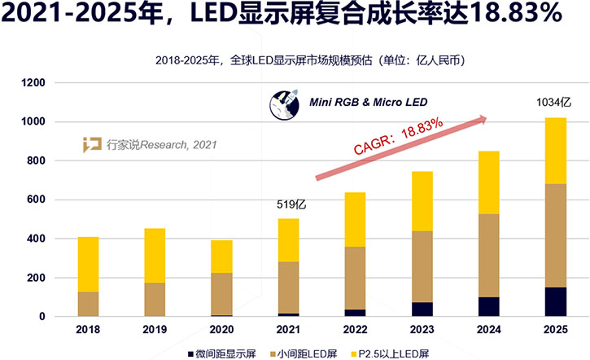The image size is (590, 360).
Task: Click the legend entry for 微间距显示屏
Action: [x=225, y=352]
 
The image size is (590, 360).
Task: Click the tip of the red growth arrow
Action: [x=487, y=119]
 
